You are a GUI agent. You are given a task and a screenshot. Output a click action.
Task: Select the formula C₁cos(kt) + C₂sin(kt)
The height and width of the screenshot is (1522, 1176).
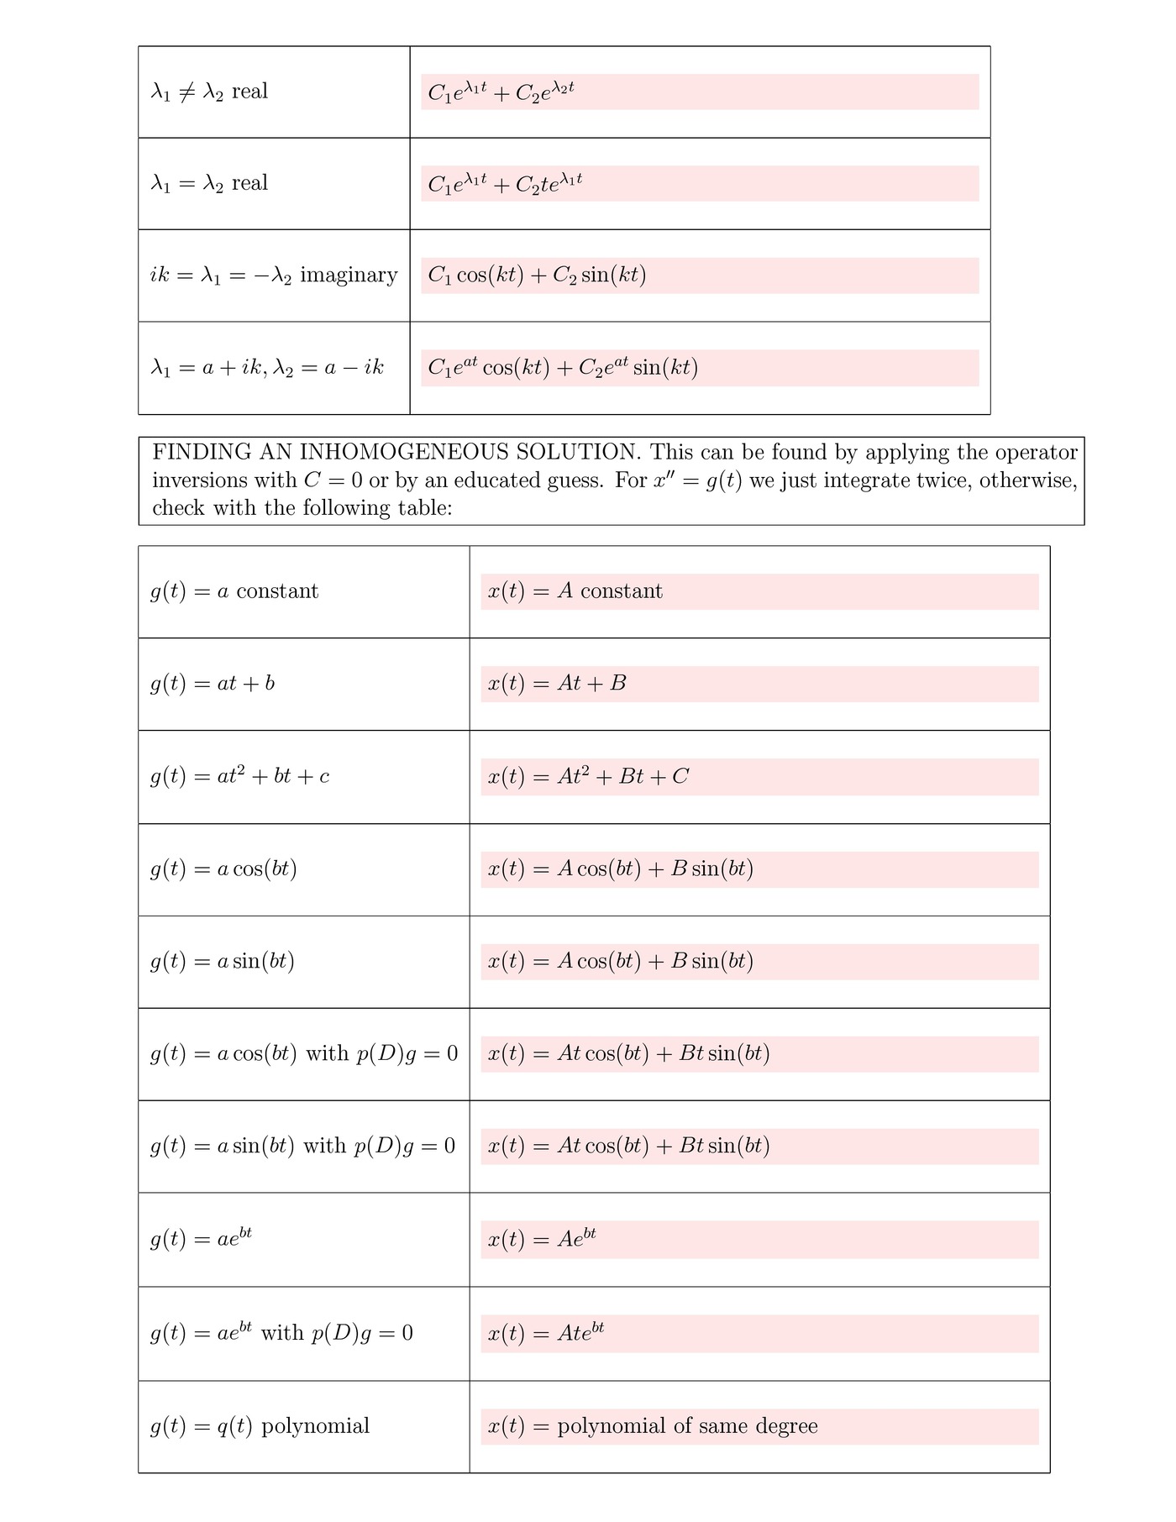(x=537, y=276)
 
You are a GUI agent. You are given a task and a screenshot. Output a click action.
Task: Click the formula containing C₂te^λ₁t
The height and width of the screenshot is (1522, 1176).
(x=505, y=183)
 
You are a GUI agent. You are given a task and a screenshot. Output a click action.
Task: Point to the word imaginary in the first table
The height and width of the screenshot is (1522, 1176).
(x=349, y=276)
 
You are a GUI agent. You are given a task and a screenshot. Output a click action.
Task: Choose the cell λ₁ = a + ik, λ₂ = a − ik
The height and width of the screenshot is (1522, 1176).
(x=267, y=368)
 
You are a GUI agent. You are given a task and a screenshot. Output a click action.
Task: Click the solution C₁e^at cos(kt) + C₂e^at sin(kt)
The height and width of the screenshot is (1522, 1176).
(x=563, y=368)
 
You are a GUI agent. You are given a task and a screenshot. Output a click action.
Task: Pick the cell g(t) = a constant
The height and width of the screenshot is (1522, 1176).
(x=234, y=591)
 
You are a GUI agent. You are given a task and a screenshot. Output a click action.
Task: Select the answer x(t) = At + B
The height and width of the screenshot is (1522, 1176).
(x=557, y=684)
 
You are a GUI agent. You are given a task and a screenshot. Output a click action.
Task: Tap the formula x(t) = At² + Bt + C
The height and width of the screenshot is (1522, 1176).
(x=588, y=777)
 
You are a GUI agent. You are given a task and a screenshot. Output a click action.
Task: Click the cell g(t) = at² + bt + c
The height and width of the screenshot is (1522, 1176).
(x=239, y=777)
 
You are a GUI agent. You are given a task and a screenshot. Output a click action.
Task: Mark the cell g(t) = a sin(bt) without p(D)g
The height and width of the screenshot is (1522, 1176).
(x=223, y=962)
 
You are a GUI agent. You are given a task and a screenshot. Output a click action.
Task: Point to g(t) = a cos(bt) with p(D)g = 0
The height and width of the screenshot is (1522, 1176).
(x=304, y=1054)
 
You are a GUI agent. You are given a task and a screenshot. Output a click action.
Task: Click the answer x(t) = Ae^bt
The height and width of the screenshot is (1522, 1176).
(x=542, y=1240)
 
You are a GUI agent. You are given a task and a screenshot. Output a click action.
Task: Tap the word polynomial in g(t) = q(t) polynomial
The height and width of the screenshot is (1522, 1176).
(x=315, y=1426)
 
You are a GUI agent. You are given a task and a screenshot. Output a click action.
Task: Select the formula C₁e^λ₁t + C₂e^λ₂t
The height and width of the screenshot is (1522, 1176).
(x=501, y=92)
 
